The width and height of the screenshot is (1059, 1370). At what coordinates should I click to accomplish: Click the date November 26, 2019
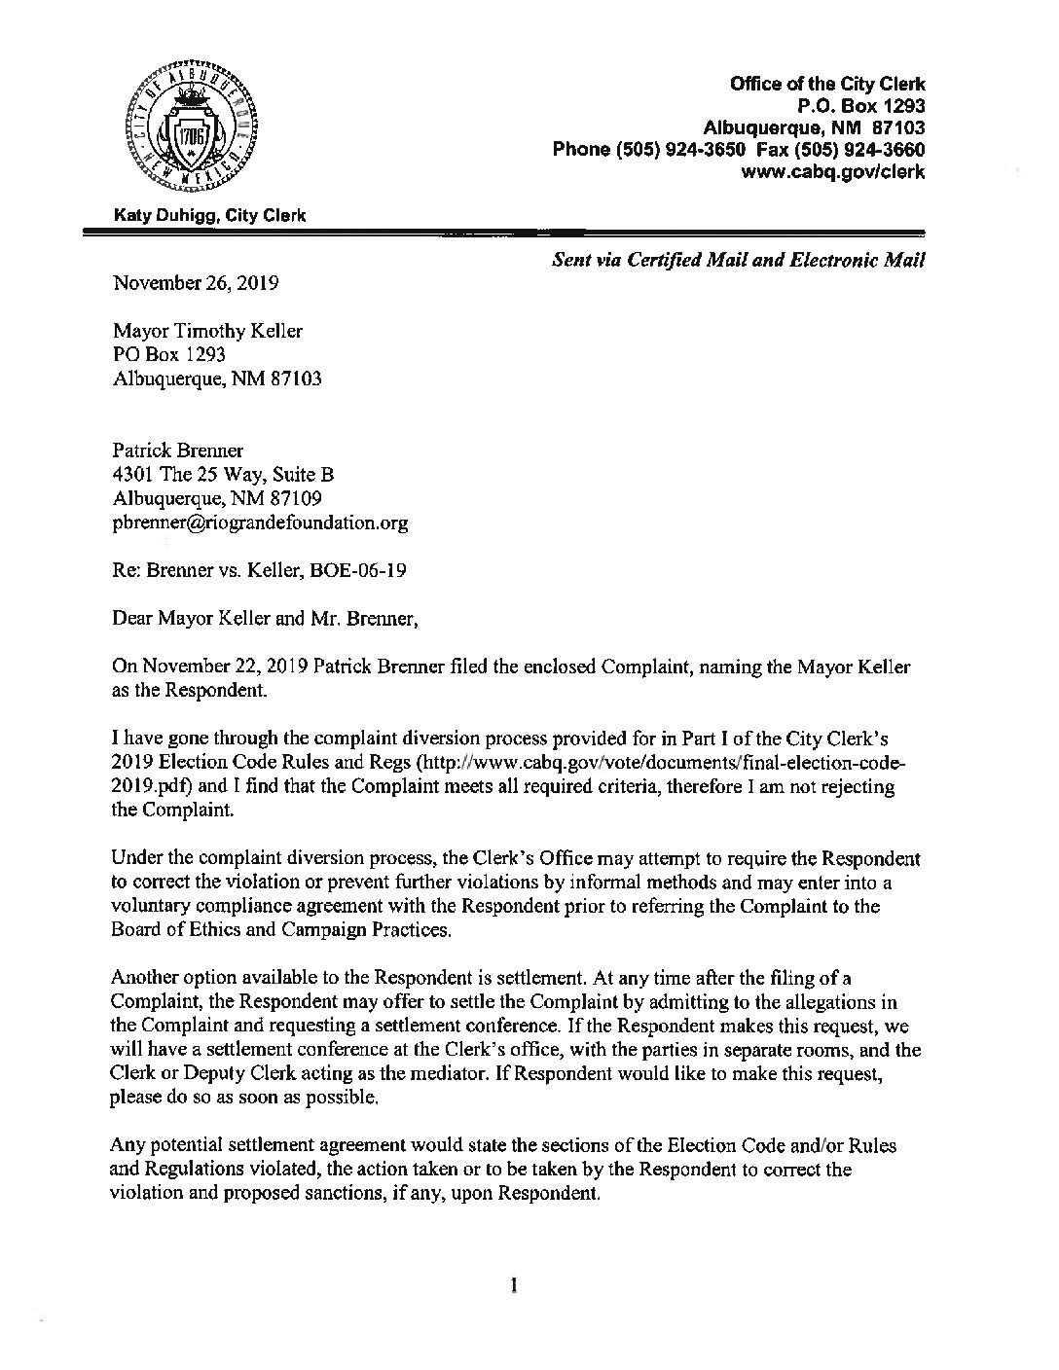(x=196, y=284)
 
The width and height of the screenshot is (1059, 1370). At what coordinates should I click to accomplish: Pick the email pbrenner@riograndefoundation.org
(x=260, y=523)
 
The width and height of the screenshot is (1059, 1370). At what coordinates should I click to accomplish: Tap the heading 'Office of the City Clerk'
(x=827, y=85)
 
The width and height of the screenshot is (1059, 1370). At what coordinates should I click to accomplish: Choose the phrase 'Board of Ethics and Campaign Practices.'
(x=282, y=930)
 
